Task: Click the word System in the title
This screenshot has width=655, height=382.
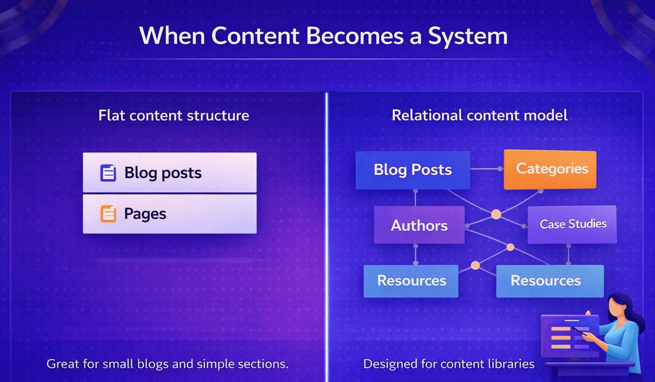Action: (x=468, y=36)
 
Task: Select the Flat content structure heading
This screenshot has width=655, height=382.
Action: (x=173, y=116)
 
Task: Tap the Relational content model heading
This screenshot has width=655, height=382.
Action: (x=479, y=116)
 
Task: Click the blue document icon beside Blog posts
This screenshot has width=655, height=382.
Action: (x=108, y=173)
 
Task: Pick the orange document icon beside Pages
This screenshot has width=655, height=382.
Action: (x=108, y=214)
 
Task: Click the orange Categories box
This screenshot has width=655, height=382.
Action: (x=550, y=169)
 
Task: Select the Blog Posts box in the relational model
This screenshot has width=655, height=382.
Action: (x=412, y=170)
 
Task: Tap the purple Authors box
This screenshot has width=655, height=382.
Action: (x=419, y=225)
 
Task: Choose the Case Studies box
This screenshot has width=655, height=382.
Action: (x=572, y=224)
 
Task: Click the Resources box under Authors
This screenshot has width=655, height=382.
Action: (x=411, y=281)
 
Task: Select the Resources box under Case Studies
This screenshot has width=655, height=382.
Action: (x=550, y=281)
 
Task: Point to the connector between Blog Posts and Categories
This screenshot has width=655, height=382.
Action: (x=485, y=169)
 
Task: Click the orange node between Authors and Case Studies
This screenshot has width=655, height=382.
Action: (x=496, y=214)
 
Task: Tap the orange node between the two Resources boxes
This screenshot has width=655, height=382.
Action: (x=475, y=265)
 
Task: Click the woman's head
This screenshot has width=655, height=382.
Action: (x=618, y=306)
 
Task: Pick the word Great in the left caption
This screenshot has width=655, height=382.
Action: (x=62, y=364)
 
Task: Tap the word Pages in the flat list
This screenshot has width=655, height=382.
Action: (x=145, y=214)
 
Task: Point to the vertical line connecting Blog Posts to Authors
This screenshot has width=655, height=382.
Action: (x=415, y=198)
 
